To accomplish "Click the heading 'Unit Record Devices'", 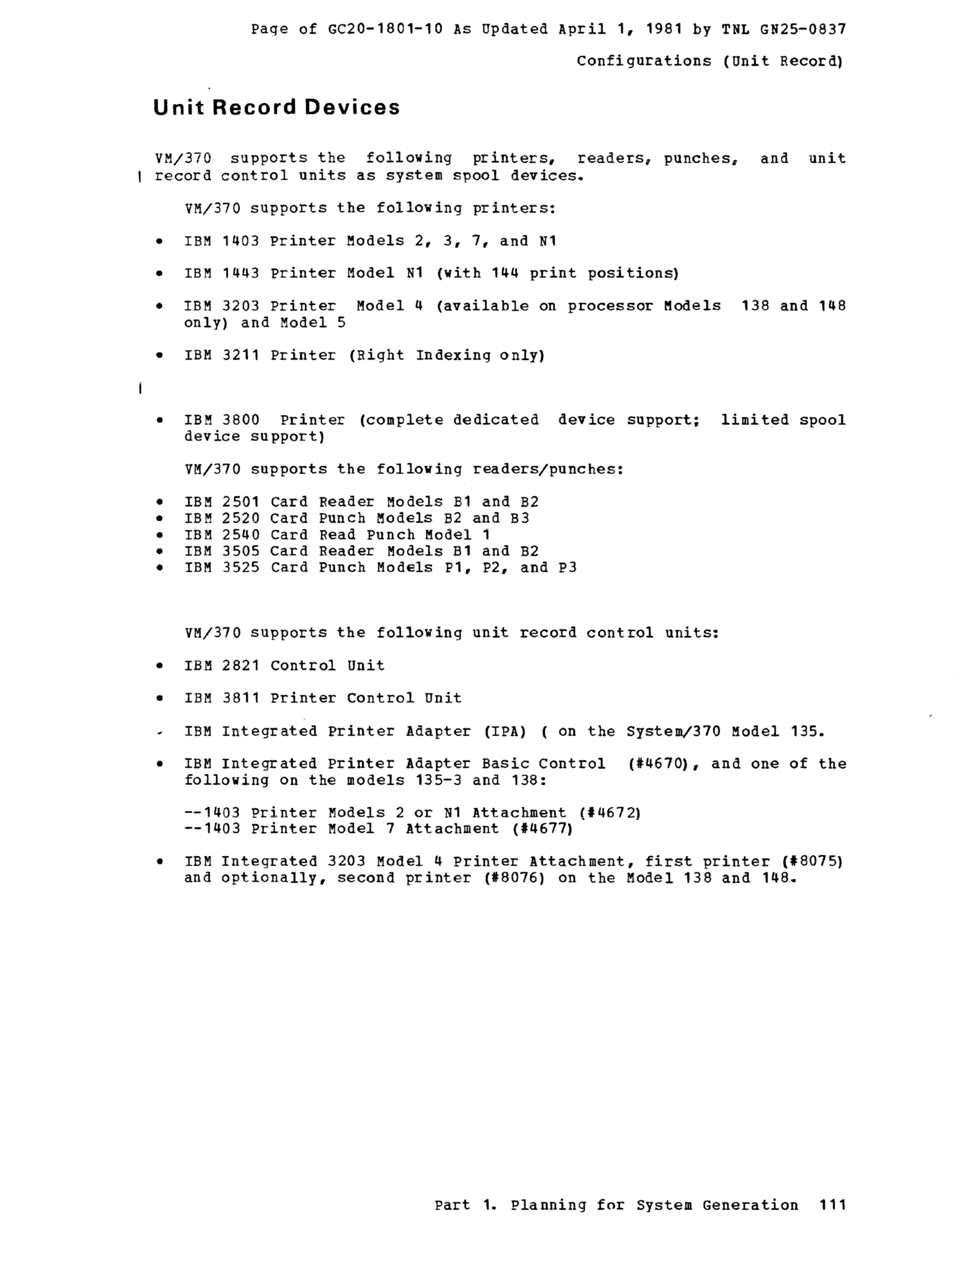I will coord(276,108).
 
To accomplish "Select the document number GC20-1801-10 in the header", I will coord(385,29).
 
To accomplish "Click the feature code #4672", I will coord(610,813).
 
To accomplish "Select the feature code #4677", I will coord(542,828).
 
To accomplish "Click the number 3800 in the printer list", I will coord(241,420).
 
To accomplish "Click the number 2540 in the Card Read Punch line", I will coord(241,535).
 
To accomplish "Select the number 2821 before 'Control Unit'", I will coord(241,665).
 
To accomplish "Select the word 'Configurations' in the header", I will coord(644,61).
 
